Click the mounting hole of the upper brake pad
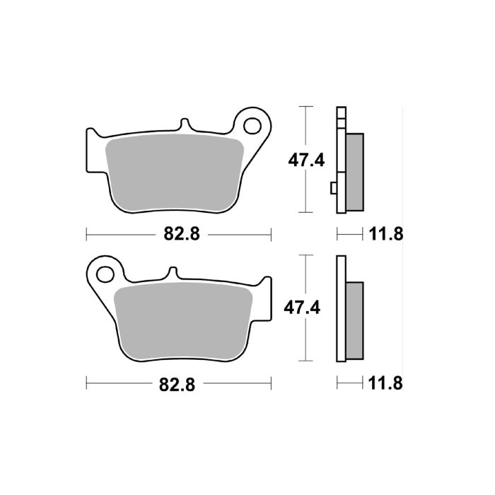(252, 125)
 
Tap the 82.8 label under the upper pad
(179, 233)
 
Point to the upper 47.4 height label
(305, 160)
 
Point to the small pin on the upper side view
(333, 187)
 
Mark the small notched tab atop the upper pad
(185, 124)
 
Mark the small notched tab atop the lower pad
(172, 272)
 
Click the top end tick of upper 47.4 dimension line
(305, 107)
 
